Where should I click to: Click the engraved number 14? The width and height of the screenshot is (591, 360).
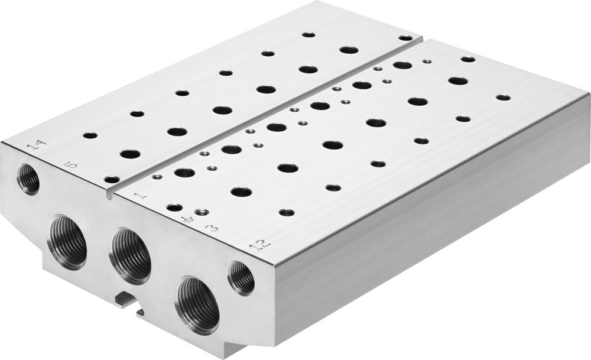(37, 144)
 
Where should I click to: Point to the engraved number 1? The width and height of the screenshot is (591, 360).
(139, 196)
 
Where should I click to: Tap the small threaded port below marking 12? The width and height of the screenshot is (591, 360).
(241, 278)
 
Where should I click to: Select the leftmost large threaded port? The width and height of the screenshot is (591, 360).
(67, 242)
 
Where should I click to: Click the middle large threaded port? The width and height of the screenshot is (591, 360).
(130, 255)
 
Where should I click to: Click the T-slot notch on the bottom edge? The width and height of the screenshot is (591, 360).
(129, 300)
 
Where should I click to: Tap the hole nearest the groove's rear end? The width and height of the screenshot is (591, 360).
(405, 38)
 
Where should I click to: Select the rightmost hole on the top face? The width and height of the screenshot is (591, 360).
(502, 98)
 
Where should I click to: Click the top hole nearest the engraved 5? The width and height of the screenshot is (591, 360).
(111, 179)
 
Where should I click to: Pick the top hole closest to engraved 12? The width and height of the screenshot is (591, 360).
(287, 212)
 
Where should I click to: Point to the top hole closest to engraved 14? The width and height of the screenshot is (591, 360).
(90, 135)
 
